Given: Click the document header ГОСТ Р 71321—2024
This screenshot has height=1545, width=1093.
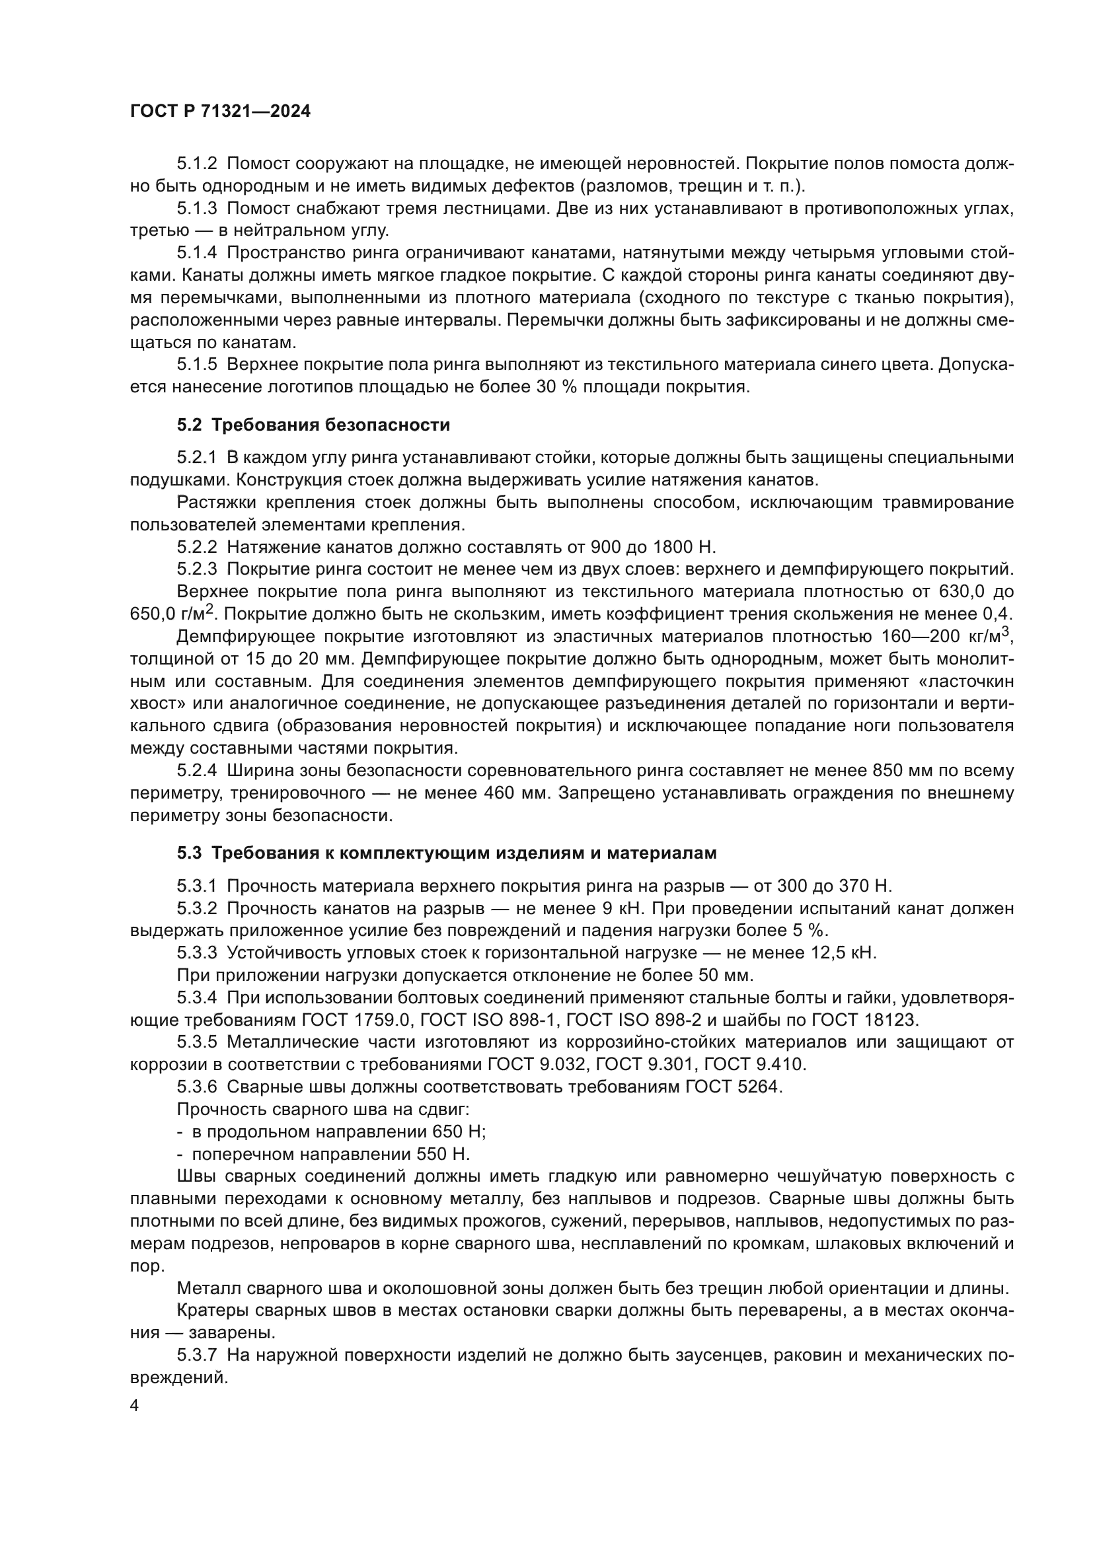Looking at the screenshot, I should [220, 112].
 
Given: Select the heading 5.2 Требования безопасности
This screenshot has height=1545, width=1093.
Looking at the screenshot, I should [314, 425].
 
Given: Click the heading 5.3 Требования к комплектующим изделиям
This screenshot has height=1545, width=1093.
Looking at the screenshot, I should [447, 853].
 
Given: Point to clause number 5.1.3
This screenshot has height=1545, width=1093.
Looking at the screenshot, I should [197, 209].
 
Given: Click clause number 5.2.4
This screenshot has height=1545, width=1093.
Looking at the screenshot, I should [197, 770].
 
